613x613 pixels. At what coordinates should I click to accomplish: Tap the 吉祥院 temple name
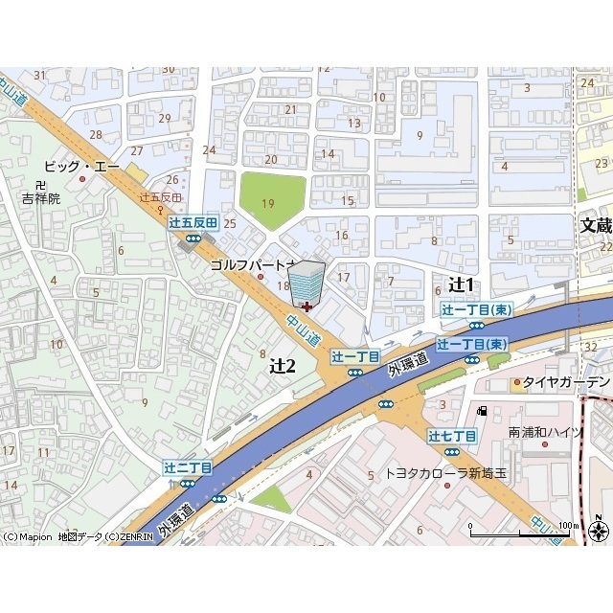[41, 198]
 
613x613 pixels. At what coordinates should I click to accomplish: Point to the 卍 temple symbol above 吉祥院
[39, 184]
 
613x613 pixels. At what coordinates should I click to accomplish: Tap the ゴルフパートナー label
[251, 263]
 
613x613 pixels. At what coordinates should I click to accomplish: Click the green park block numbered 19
[270, 202]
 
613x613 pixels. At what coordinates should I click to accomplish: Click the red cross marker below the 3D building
[306, 307]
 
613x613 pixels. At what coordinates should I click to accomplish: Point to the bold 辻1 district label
[462, 284]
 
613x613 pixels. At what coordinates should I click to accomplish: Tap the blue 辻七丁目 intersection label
[452, 436]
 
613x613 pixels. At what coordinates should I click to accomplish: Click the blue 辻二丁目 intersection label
[188, 467]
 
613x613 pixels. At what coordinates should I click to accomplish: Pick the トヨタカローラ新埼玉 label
[446, 473]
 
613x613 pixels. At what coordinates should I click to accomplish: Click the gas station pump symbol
[482, 411]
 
